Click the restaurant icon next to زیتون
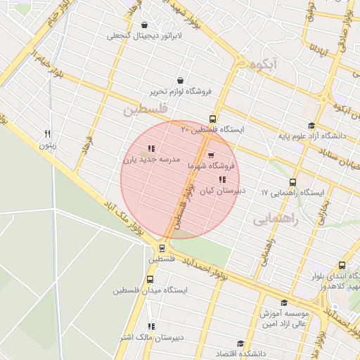[48, 134]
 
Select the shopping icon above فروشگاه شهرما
[211, 155]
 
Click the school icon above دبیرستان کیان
[222, 180]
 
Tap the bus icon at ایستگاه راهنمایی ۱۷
[292, 182]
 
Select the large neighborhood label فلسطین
[145, 110]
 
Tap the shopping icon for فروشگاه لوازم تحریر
[182, 80]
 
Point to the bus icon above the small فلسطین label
[162, 247]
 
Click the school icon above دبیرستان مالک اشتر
[151, 326]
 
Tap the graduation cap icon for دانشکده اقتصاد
[240, 344]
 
